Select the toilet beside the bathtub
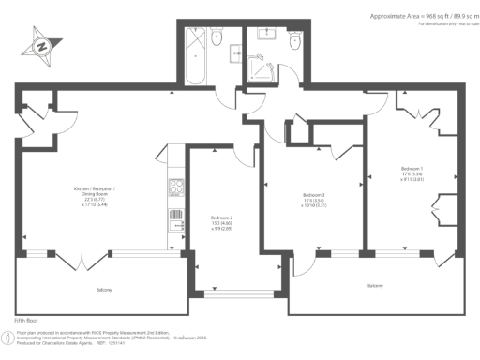215,42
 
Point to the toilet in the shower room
294,40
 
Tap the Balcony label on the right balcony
375,286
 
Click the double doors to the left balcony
84,255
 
